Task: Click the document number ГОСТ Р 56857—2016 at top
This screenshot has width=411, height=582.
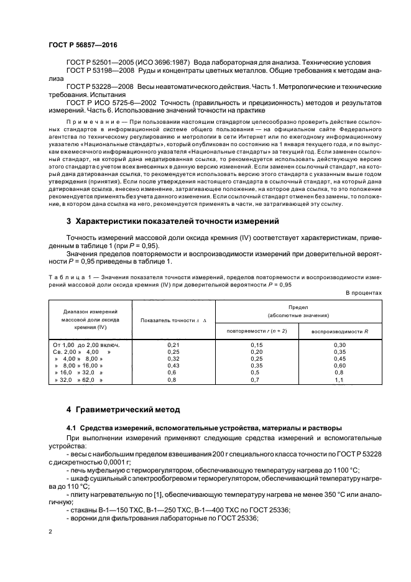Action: pos(82,46)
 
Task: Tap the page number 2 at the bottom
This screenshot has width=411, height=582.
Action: pos(50,532)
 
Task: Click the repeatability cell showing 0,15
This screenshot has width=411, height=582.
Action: pos(256,344)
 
